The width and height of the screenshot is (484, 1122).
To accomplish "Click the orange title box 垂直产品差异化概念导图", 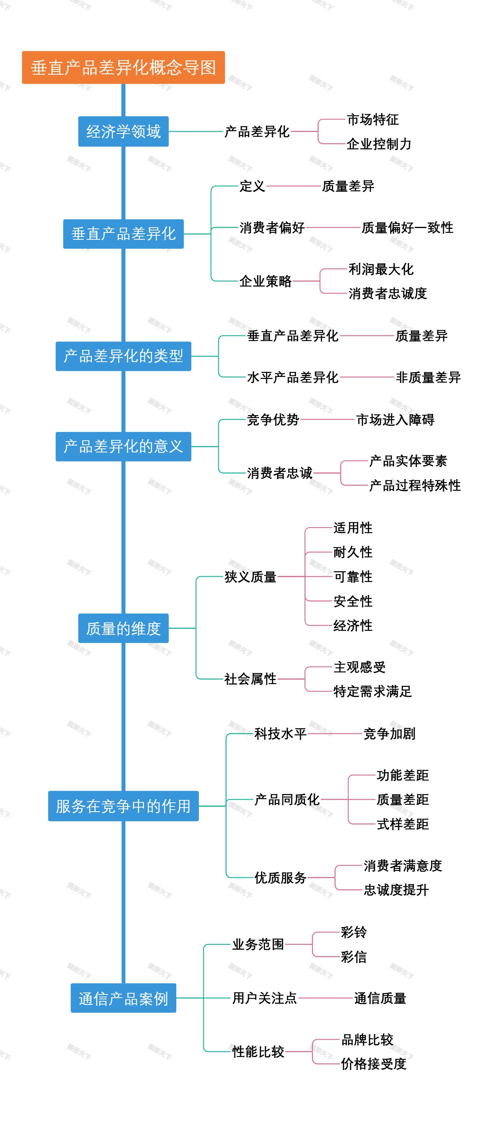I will point(123,67).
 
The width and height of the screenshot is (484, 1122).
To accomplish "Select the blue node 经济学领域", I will point(123,132).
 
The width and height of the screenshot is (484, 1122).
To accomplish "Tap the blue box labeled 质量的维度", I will point(123,628).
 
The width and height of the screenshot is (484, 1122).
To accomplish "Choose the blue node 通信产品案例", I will point(123,998).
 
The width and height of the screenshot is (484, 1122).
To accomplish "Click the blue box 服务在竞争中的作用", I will point(123,806).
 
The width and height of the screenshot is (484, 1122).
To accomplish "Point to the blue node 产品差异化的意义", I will point(123,446).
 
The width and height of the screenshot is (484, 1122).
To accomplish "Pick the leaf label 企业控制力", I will point(379,144).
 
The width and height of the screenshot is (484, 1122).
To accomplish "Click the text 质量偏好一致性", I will point(407,227).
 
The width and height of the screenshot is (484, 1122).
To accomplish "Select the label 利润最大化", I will point(381,269).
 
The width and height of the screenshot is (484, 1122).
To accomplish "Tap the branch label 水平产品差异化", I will point(292,377).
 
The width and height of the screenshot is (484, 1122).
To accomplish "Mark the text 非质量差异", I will point(428,377).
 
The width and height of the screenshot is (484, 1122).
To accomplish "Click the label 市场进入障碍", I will point(395,419).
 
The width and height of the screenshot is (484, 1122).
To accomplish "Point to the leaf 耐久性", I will point(353,552).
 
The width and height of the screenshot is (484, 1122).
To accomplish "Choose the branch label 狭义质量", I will point(250,577).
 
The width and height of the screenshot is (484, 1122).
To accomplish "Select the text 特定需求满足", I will point(372,691).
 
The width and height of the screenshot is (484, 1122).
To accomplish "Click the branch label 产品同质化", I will point(287,799).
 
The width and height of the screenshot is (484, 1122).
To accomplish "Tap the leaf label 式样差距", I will point(403,824).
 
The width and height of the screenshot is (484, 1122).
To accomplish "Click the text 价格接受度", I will point(373,1064).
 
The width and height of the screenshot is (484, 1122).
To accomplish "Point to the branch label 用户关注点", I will point(264,998).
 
